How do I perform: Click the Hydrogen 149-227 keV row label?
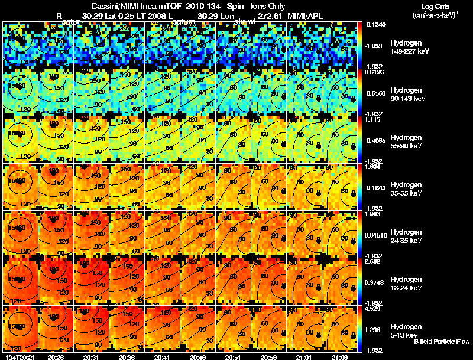pyautogui.click(x=405, y=47)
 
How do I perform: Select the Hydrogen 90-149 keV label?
pyautogui.click(x=405, y=94)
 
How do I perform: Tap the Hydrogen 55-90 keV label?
pyautogui.click(x=405, y=141)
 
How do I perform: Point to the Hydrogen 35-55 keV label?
pyautogui.click(x=405, y=189)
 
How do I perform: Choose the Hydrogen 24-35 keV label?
pyautogui.click(x=405, y=236)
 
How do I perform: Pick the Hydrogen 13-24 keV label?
pyautogui.click(x=405, y=283)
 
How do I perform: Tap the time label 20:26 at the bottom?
pyautogui.click(x=56, y=356)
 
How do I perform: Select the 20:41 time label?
pyautogui.click(x=163, y=356)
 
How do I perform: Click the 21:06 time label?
pyautogui.click(x=341, y=356)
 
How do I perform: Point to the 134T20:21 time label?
pyautogui.click(x=19, y=356)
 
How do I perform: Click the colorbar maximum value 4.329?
pyautogui.click(x=372, y=308)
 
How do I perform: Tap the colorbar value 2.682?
pyautogui.click(x=372, y=261)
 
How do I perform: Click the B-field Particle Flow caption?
pyautogui.click(x=441, y=342)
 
